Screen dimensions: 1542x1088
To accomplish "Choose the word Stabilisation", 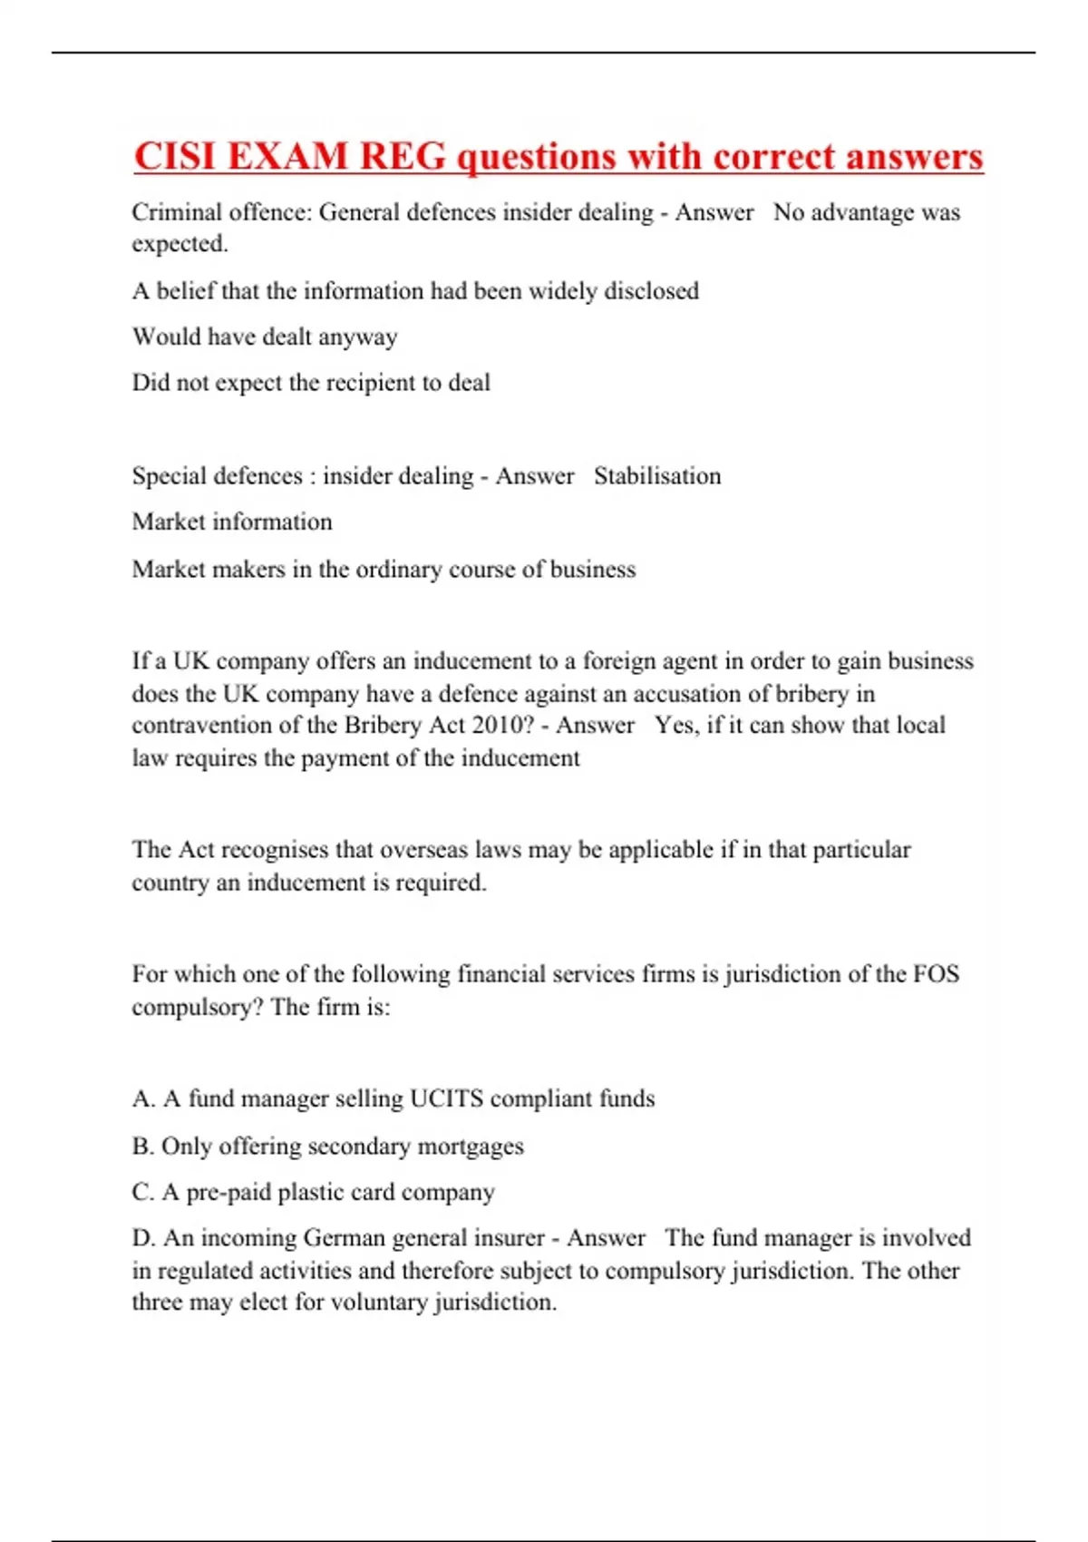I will click(x=657, y=476).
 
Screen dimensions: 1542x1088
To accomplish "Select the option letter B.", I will click(x=141, y=1147).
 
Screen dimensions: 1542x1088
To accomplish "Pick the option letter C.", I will click(x=141, y=1193).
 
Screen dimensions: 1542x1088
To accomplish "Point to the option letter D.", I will click(x=142, y=1238).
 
